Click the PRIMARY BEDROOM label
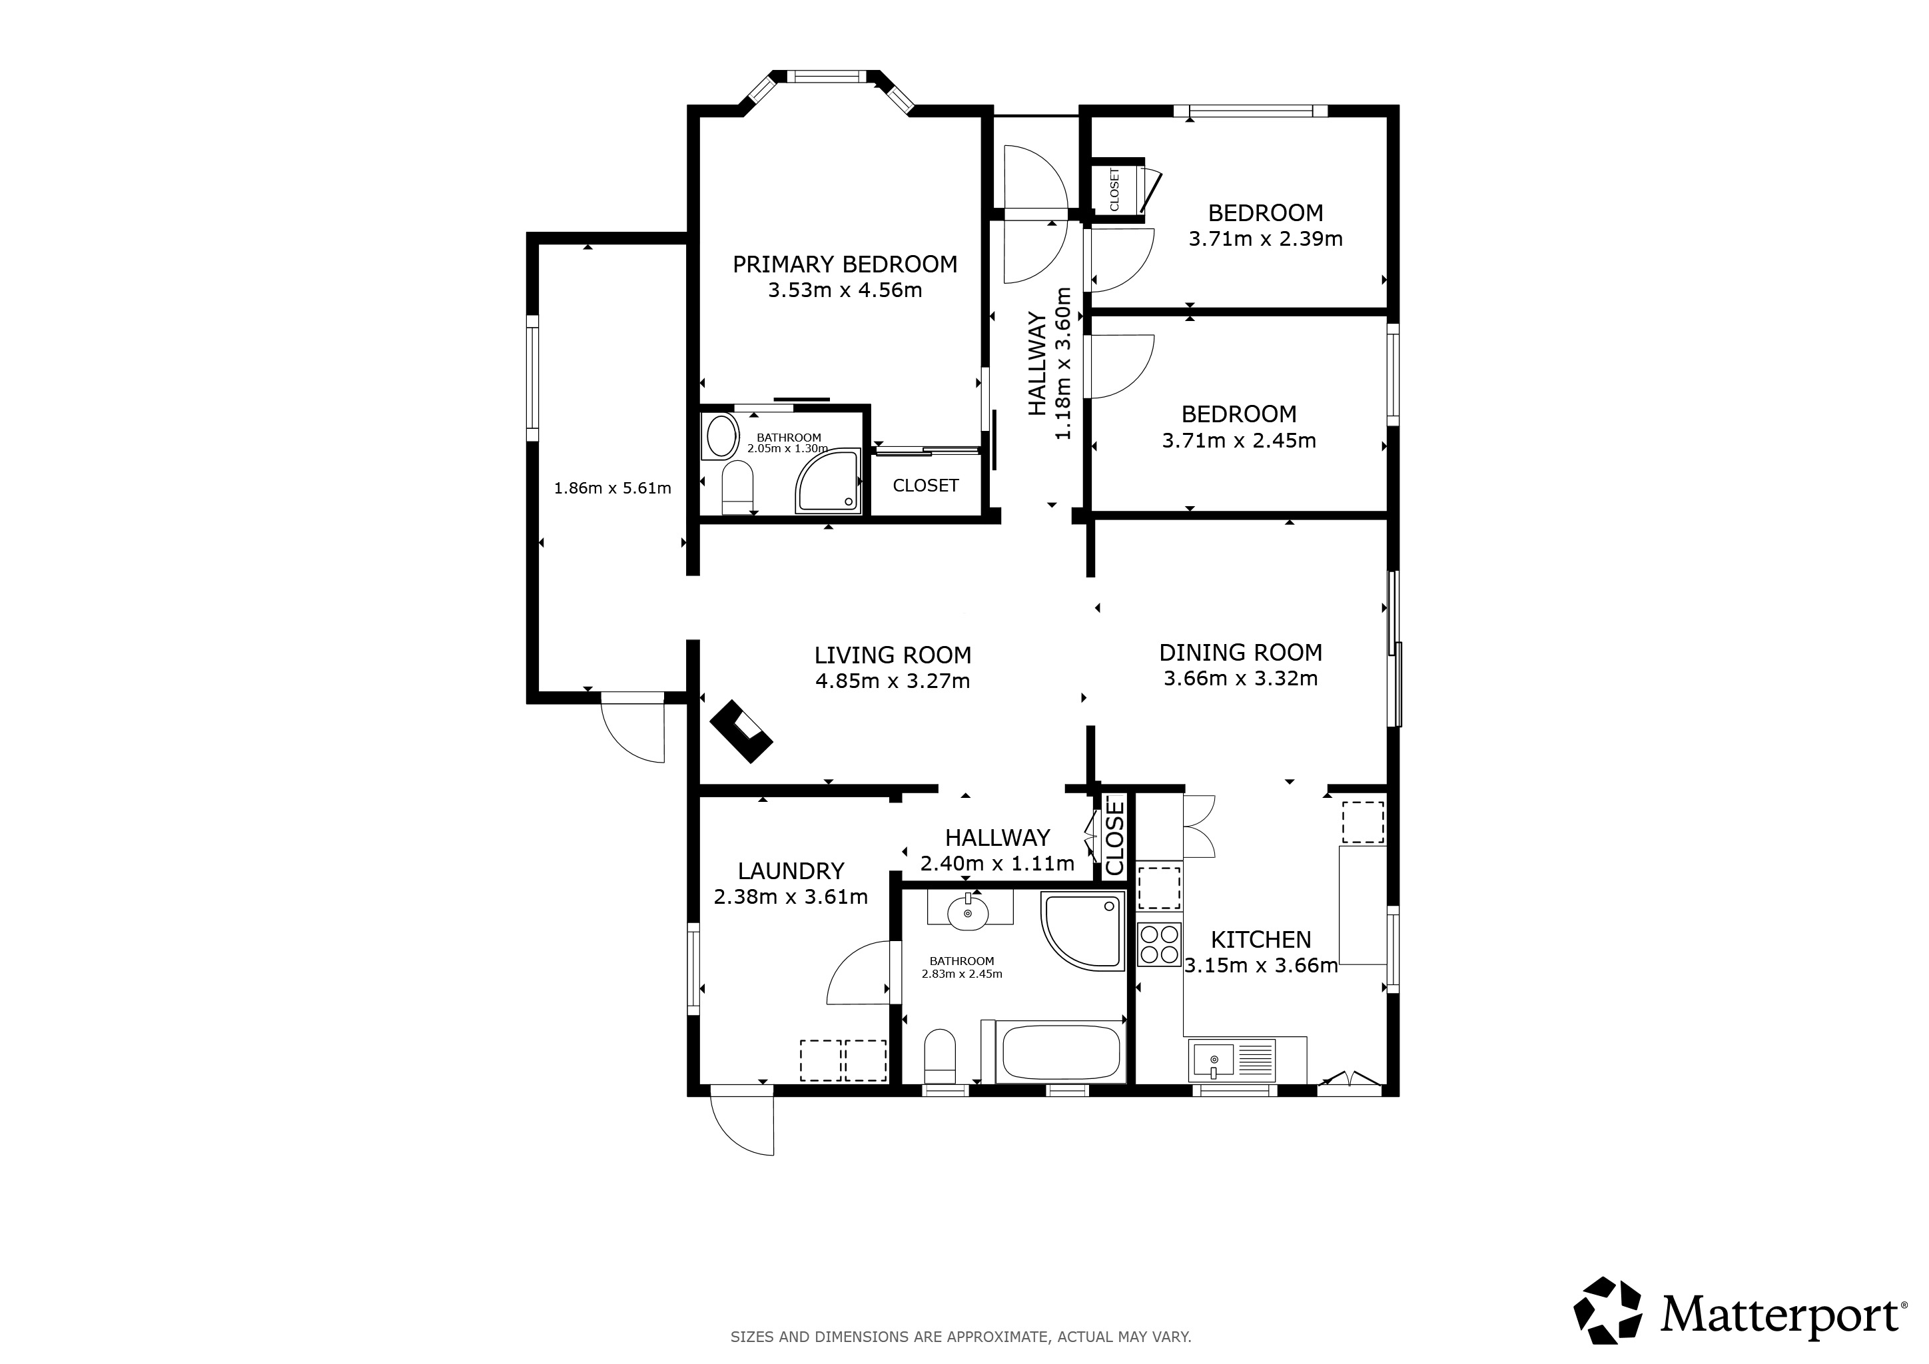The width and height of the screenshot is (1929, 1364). click(x=845, y=264)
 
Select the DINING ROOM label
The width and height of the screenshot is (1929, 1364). click(x=1240, y=653)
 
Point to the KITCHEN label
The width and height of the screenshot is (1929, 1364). click(x=1260, y=939)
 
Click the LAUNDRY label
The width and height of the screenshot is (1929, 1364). click(x=791, y=871)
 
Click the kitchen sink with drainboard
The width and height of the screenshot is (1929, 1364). click(x=1232, y=1060)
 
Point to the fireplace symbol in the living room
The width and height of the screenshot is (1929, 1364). click(x=740, y=731)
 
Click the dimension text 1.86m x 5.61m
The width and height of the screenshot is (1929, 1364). click(x=613, y=488)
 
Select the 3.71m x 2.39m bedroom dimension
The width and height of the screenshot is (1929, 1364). click(x=1266, y=239)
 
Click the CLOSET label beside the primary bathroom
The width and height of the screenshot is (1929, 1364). click(x=925, y=486)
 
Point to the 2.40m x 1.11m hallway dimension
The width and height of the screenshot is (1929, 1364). click(x=997, y=863)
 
